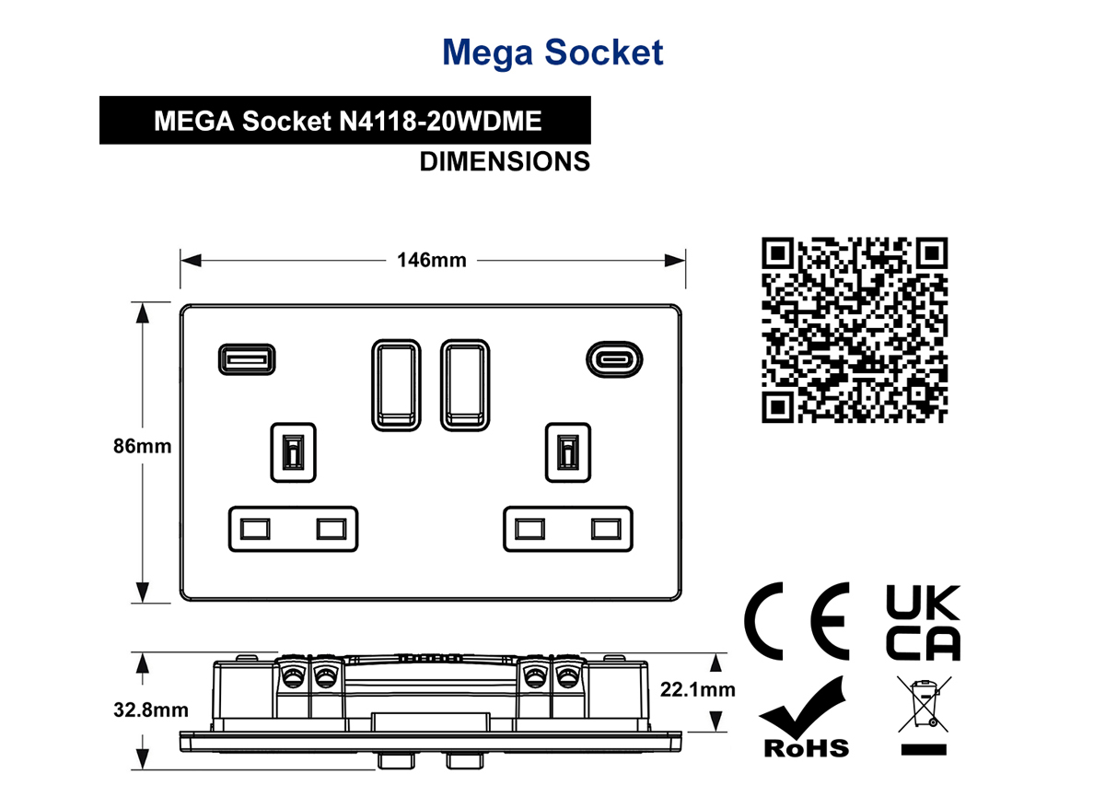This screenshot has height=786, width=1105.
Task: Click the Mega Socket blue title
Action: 553,53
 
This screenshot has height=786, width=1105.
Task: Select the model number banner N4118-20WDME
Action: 345,121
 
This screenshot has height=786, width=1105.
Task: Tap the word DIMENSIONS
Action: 505,162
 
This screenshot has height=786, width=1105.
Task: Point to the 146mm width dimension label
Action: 432,260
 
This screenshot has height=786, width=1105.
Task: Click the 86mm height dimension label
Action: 142,446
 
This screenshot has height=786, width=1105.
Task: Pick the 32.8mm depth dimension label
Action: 151,710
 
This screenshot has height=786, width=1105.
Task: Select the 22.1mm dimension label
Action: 698,690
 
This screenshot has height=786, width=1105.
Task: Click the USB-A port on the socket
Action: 247,359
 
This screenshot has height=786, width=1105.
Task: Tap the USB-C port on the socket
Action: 614,359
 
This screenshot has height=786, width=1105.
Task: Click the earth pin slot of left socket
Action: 293,452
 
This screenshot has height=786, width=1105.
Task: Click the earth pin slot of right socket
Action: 568,452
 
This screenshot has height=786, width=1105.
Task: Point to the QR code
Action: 855,330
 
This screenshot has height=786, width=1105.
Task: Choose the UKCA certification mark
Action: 923,623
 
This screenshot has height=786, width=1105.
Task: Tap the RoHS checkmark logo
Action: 804,719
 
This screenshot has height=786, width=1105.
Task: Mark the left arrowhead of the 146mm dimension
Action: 191,260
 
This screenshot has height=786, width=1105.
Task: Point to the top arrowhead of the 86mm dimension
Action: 143,313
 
